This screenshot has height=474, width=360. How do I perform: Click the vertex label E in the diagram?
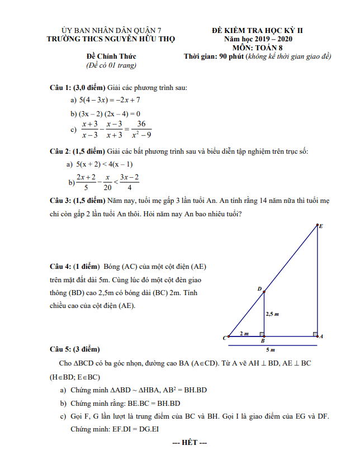(x=321, y=226)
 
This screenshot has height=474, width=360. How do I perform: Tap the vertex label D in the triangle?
(x=259, y=289)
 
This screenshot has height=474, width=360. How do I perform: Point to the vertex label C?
(x=225, y=338)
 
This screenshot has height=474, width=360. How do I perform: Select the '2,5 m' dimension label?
(x=272, y=314)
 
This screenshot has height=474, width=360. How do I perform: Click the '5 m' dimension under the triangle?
(x=271, y=350)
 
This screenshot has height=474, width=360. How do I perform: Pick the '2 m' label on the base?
(x=244, y=333)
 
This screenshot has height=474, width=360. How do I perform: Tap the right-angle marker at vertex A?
(x=315, y=334)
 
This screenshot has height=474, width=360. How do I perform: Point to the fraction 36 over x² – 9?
(x=141, y=129)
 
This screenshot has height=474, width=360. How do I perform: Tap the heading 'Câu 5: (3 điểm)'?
(x=74, y=349)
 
